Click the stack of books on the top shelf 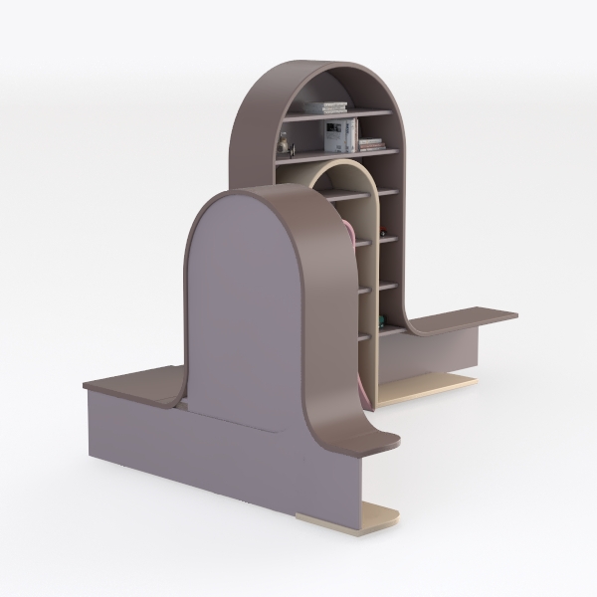[x=325, y=106]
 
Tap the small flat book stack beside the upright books [x=371, y=145]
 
